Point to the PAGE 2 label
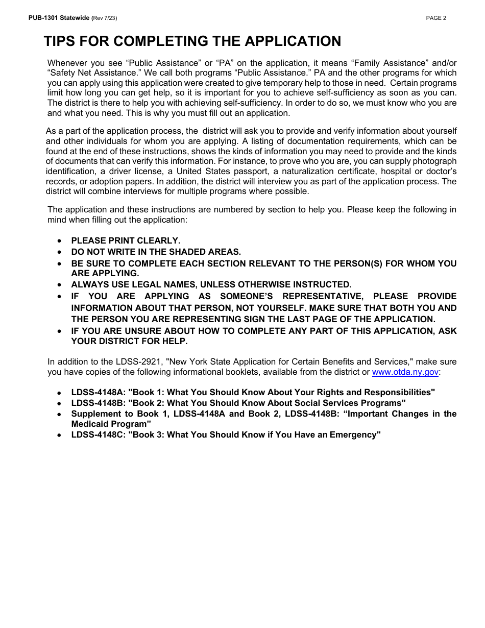coord(436,18)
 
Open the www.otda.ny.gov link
coord(405,372)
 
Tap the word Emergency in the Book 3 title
coord(355,435)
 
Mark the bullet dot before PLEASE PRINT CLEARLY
coord(60,240)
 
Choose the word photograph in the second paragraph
coord(434,161)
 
